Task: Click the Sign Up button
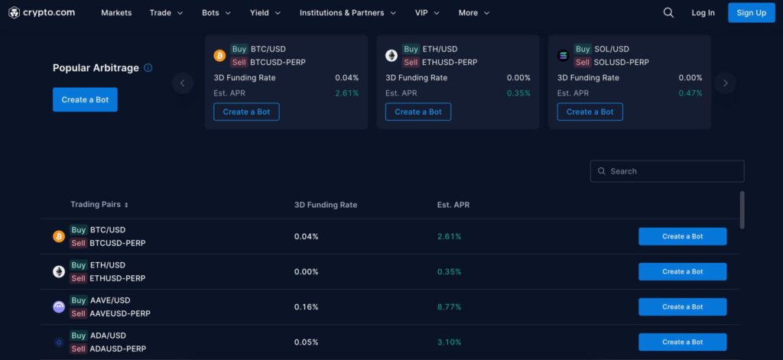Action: tap(751, 12)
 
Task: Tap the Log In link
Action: tap(703, 13)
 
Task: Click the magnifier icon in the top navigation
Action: tap(668, 13)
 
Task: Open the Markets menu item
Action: tap(116, 13)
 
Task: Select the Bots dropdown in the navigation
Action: tap(216, 13)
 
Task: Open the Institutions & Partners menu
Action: tap(347, 13)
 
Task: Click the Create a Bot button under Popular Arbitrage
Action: tap(85, 99)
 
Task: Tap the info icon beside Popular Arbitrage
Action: tap(148, 68)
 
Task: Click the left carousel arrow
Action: tap(183, 83)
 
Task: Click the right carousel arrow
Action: tap(725, 83)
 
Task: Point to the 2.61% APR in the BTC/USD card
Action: tap(346, 93)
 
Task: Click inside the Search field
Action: tap(673, 171)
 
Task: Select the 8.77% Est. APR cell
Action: tap(449, 307)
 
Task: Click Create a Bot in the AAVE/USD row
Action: tap(682, 306)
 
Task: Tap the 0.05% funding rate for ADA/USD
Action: tap(306, 342)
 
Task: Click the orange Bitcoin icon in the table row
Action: tap(59, 237)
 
